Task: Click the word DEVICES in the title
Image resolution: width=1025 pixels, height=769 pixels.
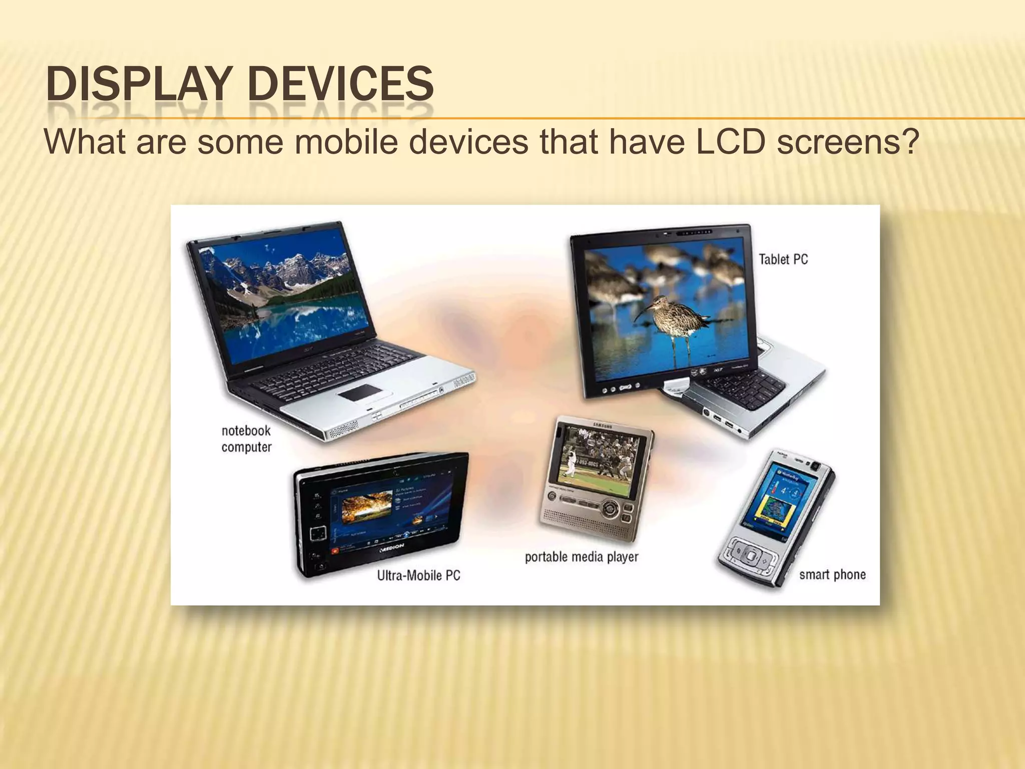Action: [x=340, y=84]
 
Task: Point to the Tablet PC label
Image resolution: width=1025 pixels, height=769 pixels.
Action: [x=783, y=259]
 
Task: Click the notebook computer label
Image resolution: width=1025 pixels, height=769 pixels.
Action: [x=246, y=439]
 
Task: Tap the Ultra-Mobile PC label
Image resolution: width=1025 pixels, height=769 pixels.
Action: [x=418, y=575]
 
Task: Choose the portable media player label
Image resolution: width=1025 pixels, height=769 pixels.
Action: [x=582, y=557]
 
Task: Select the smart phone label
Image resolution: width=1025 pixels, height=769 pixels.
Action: [x=832, y=574]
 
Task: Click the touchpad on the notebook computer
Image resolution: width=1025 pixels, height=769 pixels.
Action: [x=359, y=392]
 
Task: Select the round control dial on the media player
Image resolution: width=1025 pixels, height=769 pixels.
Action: [x=610, y=509]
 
